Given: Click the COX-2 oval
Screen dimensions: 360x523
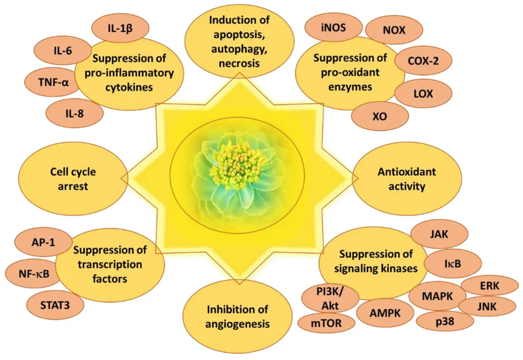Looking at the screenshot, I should pyautogui.click(x=423, y=62).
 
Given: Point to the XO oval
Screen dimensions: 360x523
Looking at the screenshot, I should pyautogui.click(x=380, y=116).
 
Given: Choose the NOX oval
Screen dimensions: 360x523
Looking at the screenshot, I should pyautogui.click(x=394, y=31).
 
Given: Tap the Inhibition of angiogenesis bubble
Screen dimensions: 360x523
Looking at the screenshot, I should pyautogui.click(x=237, y=317).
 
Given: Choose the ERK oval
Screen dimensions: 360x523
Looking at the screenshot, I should pyautogui.click(x=490, y=284).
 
